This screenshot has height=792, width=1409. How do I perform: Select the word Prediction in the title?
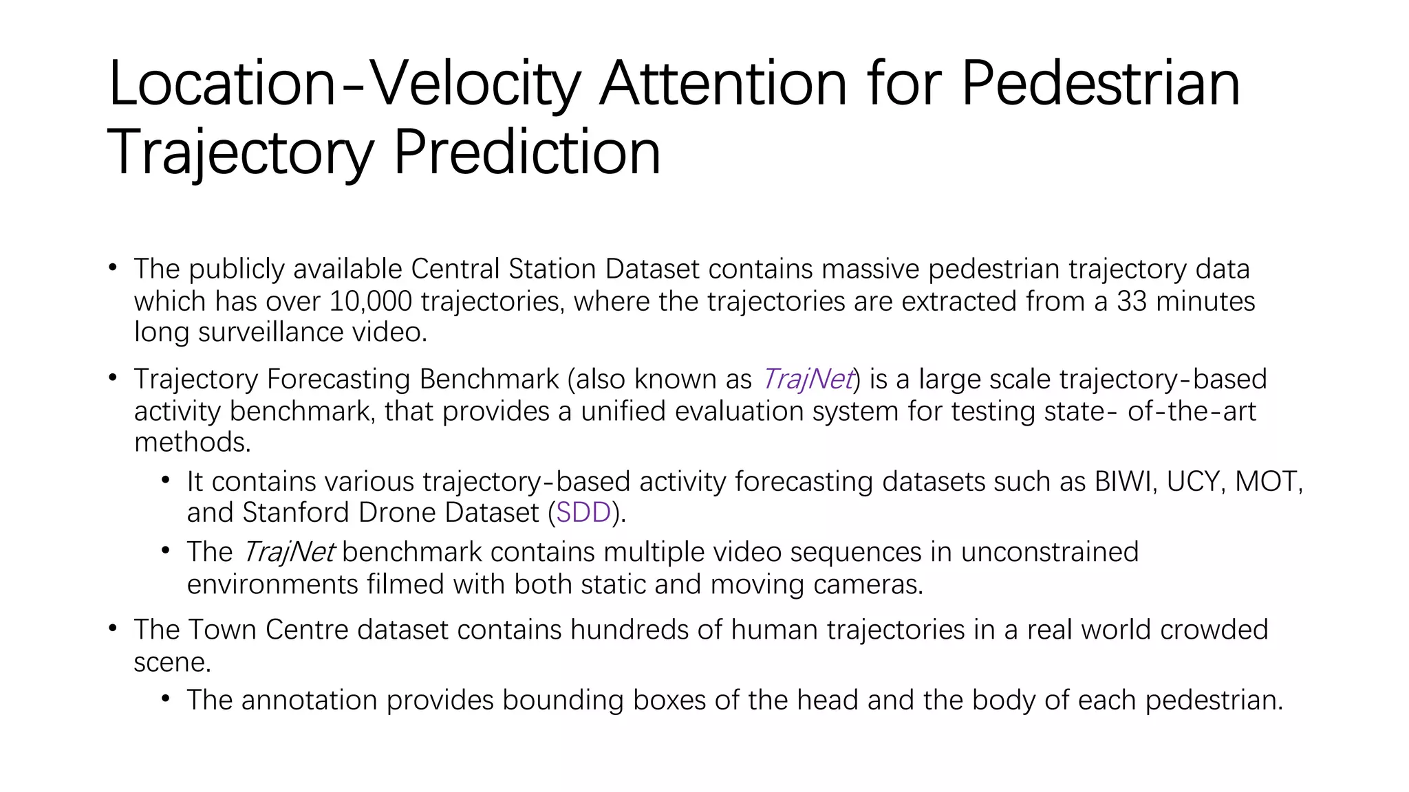[x=527, y=153]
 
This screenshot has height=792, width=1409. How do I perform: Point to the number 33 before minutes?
[x=1132, y=301]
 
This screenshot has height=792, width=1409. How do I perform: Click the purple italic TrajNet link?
[x=808, y=379]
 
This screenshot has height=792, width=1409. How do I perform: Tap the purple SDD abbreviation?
[x=583, y=513]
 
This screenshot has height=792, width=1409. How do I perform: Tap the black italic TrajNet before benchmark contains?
[x=289, y=552]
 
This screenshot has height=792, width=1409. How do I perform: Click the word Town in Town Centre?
[x=222, y=630]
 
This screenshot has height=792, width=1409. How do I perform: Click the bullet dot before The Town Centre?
[x=113, y=628]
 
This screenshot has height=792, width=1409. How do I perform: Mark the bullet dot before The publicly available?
[x=113, y=267]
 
